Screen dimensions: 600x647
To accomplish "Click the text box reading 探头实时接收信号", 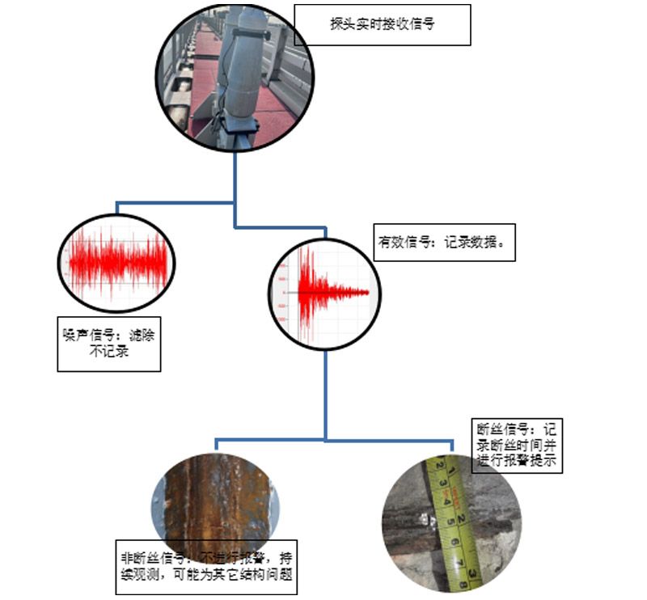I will [x=382, y=24].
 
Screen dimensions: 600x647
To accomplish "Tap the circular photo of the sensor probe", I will [x=235, y=77].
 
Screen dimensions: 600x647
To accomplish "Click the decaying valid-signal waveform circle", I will [x=324, y=294].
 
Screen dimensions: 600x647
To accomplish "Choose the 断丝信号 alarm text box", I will [x=516, y=445].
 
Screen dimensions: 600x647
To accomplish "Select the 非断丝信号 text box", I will [x=206, y=566].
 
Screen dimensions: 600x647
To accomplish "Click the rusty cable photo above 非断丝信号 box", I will [x=217, y=497].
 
